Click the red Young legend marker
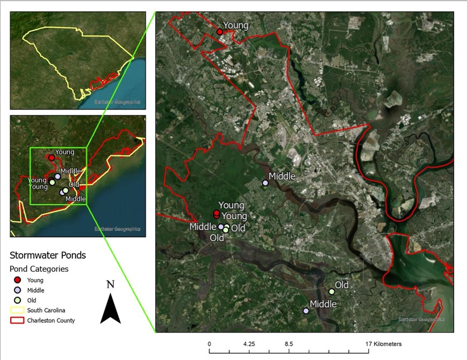tap(18, 280)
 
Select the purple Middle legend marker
tap(18, 290)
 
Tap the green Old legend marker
tap(18, 300)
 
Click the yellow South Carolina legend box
tap(17, 310)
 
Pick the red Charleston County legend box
tap(17, 320)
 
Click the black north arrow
tap(111, 309)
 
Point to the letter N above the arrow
tap(111, 284)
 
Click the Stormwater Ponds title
tap(48, 255)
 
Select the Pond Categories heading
tap(39, 269)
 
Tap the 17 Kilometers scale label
tap(384, 344)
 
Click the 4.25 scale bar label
tap(249, 344)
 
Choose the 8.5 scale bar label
tap(289, 344)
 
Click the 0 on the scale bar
tap(209, 344)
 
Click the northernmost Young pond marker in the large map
tap(220, 32)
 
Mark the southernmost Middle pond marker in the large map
tap(306, 311)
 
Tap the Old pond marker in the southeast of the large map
tap(332, 291)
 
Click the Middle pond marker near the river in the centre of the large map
tap(265, 183)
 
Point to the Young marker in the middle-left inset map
tap(52, 158)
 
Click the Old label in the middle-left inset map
tap(74, 185)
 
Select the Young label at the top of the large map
tap(236, 25)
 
